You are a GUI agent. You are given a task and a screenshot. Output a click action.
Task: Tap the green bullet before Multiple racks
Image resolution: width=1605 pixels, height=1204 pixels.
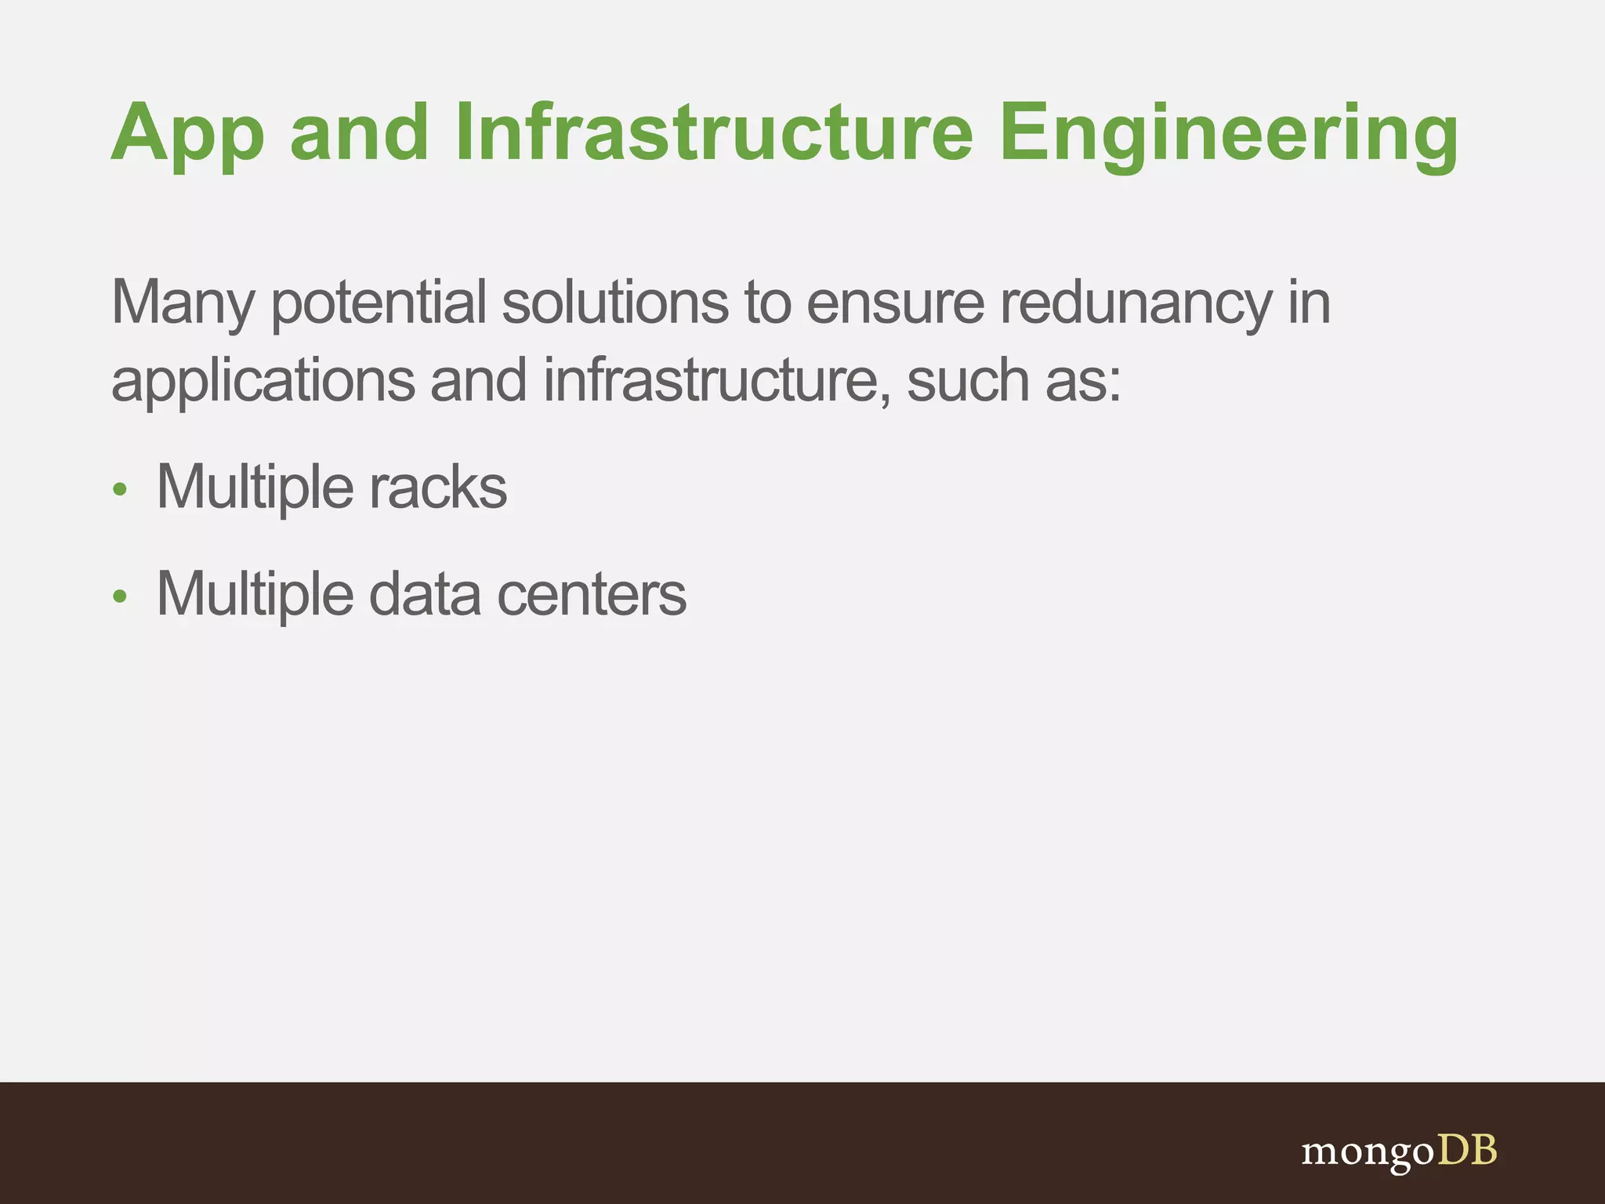[119, 490]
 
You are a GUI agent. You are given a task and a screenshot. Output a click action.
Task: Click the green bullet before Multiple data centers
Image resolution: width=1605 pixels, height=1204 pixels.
[119, 597]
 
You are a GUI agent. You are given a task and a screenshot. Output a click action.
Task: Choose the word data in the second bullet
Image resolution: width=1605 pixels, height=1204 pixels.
[424, 594]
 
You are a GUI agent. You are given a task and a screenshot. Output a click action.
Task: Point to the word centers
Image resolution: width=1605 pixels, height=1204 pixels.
[592, 594]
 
